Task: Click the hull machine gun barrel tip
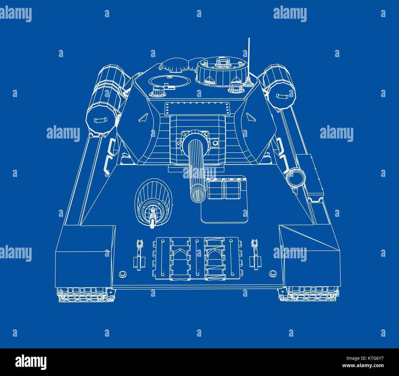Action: pos(152,225)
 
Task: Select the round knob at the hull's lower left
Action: pos(122,273)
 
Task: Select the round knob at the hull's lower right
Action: pos(272,273)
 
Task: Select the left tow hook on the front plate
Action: pos(139,252)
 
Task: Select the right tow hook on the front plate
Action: pos(254,252)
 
